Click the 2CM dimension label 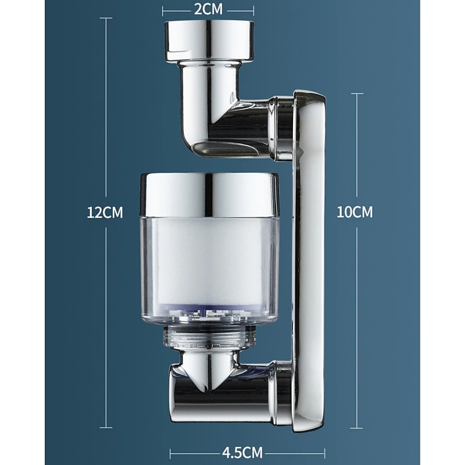(208, 9)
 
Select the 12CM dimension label (105, 212)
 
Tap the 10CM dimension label (355, 212)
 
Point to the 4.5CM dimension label (242, 453)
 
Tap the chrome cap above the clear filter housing (210, 194)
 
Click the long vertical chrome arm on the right (309, 261)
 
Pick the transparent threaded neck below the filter (209, 336)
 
